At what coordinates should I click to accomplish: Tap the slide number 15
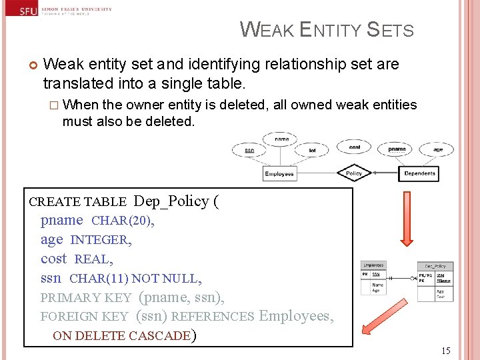(445, 351)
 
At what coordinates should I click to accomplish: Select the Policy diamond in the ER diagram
(353, 173)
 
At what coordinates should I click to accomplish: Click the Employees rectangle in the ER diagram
(279, 174)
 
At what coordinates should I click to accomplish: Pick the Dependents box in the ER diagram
(420, 173)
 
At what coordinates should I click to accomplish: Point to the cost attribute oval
(355, 147)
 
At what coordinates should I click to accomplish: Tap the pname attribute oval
(397, 149)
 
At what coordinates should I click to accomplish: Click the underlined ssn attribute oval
(249, 150)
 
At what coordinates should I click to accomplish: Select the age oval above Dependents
(438, 149)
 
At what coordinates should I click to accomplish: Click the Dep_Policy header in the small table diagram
(435, 265)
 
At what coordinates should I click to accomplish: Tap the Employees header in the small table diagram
(373, 265)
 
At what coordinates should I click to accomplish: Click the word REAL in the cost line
(93, 259)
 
